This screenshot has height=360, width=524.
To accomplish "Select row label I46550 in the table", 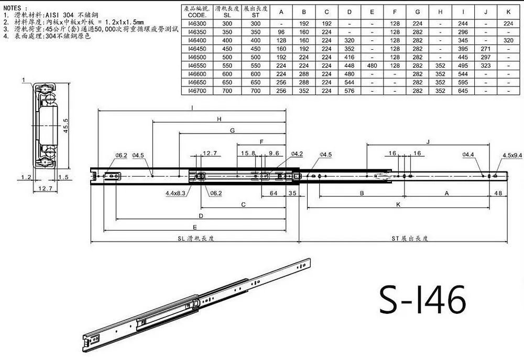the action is pyautogui.click(x=197, y=66).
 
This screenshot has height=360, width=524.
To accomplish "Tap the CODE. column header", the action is pyautogui.click(x=197, y=15).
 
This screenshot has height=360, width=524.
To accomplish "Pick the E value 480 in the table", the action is pyautogui.click(x=372, y=66).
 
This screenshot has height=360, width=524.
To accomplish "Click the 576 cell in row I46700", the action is pyautogui.click(x=349, y=91).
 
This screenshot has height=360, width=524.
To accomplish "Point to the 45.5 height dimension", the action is pyautogui.click(x=65, y=126).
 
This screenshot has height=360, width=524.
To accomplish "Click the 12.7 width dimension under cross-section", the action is pyautogui.click(x=45, y=189).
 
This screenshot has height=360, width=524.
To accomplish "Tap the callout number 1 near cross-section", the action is pyautogui.click(x=24, y=80).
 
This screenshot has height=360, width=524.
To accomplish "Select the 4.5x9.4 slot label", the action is pyautogui.click(x=512, y=155).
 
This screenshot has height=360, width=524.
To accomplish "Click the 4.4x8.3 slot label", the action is pyautogui.click(x=176, y=193).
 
